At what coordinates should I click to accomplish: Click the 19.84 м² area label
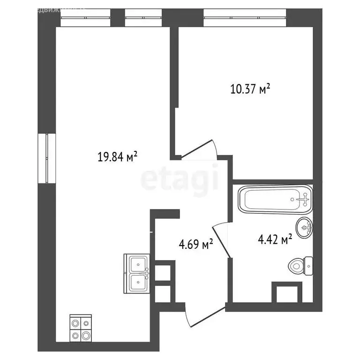117,157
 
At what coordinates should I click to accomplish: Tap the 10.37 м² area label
251,89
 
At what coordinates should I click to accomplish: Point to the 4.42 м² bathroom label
275,240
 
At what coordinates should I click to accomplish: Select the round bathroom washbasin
306,228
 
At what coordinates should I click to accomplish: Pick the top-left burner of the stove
75,322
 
